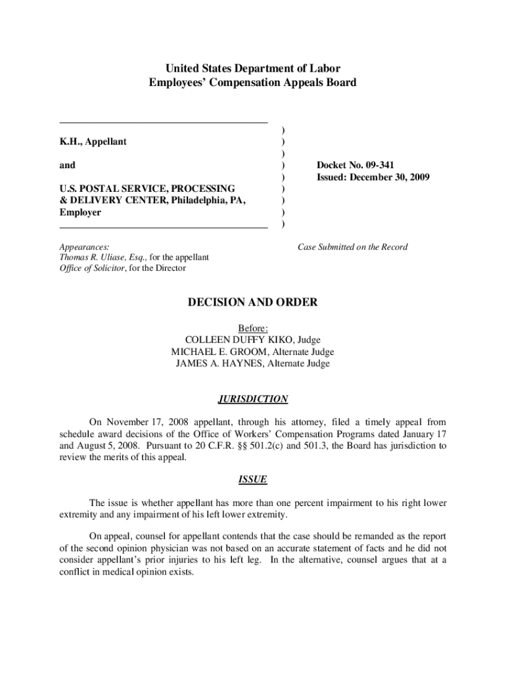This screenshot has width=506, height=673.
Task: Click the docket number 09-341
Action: (380, 165)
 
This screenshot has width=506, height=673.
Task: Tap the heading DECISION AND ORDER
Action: (253, 302)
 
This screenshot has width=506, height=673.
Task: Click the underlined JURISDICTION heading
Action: (253, 399)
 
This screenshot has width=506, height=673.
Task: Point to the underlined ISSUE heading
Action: (253, 479)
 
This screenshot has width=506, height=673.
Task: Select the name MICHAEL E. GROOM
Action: (211, 352)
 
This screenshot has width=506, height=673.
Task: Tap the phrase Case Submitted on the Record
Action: (352, 247)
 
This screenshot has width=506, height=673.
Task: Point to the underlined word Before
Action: (253, 328)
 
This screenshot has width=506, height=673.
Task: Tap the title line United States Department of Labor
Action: (253, 68)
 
